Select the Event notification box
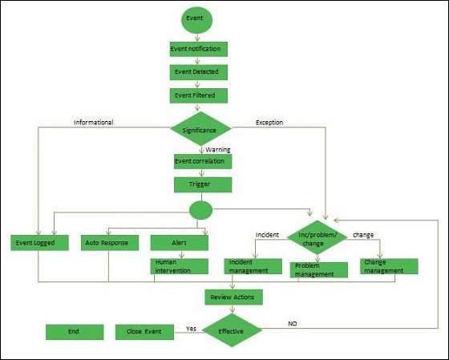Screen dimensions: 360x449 click(199, 49)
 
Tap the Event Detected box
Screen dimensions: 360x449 click(199, 72)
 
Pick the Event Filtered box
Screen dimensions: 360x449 click(199, 95)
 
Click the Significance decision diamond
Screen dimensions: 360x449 click(200, 128)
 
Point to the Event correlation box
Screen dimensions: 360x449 click(203, 160)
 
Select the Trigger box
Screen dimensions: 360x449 click(203, 184)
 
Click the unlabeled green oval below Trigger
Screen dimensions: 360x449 click(200, 211)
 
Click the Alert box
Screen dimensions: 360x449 click(180, 241)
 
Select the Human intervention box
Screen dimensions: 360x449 click(180, 265)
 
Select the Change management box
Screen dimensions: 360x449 click(389, 265)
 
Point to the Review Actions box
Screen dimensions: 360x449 click(233, 297)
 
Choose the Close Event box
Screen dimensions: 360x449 click(144, 331)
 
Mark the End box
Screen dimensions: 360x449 click(74, 331)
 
